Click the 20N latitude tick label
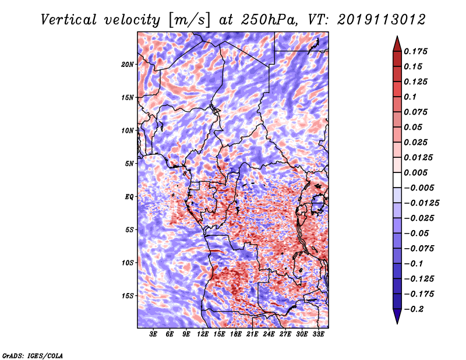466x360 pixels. coord(127,65)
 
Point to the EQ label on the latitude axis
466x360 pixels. coord(129,197)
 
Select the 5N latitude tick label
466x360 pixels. coord(129,164)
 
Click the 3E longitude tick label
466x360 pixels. coord(153,334)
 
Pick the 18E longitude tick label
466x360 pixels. coord(236,334)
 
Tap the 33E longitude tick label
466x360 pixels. coord(318,334)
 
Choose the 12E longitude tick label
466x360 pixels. coord(203,334)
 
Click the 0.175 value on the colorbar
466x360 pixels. coord(415,51)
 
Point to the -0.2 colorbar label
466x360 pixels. coord(414,309)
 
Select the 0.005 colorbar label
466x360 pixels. coord(415,172)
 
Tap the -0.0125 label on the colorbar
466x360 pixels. coord(421,203)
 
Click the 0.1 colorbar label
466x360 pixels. coord(410,97)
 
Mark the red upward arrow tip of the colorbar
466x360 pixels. coord(397,36)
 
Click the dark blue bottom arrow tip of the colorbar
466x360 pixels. coord(397,323)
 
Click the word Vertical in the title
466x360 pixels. coord(69,20)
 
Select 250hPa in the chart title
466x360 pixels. coord(269,20)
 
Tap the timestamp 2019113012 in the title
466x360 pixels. coord(382,20)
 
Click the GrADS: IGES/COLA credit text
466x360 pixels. coord(33,356)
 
